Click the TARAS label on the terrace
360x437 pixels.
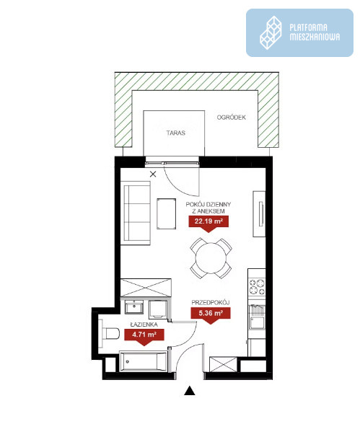click(x=176, y=133)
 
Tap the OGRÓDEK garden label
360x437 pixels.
click(x=232, y=118)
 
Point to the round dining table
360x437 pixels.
click(x=211, y=258)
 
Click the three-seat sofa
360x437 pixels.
click(x=136, y=213)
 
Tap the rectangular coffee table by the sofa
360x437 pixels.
click(x=166, y=213)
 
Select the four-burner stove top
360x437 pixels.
click(x=257, y=287)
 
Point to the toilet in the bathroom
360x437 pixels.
click(x=109, y=334)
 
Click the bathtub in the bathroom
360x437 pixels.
click(x=144, y=362)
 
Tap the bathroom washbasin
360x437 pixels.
click(x=134, y=307)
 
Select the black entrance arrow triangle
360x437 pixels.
click(x=190, y=391)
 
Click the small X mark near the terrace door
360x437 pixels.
click(x=153, y=175)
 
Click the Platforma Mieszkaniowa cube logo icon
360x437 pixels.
click(x=271, y=32)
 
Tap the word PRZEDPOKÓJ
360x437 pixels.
click(x=211, y=302)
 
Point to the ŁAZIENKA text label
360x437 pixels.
click(x=144, y=325)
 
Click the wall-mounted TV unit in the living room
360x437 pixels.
click(x=259, y=213)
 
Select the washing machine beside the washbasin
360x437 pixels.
click(x=158, y=309)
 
